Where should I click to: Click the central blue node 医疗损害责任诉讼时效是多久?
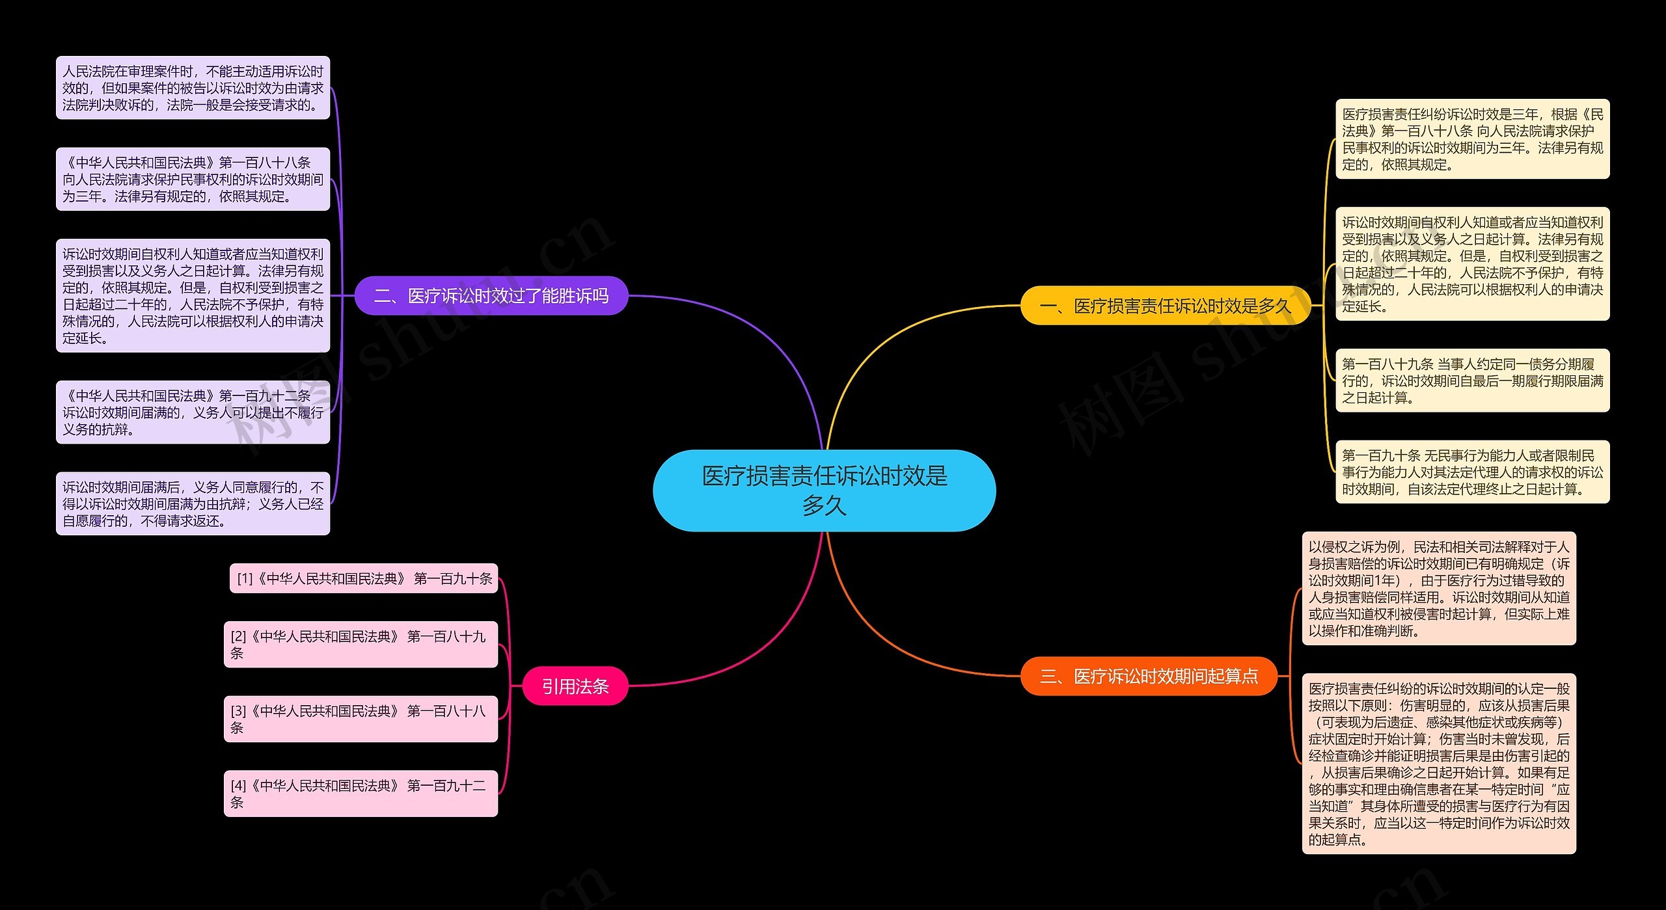coord(824,490)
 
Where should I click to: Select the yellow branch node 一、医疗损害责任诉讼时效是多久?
coord(1165,306)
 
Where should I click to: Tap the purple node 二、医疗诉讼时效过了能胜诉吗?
coord(491,296)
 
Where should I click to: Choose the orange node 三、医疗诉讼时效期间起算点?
coord(1149,676)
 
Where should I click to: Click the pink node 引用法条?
coord(575,686)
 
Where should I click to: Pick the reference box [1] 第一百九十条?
coord(364,578)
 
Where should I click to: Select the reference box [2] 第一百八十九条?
coord(361,645)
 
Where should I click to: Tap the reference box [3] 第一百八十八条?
coord(361,719)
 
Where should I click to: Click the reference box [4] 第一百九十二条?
coord(361,794)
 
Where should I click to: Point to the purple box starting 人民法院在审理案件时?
coord(193,88)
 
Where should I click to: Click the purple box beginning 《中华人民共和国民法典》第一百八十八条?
coord(193,179)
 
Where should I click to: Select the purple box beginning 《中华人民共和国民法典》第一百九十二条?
coord(193,412)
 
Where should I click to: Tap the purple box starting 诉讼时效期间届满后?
coord(193,503)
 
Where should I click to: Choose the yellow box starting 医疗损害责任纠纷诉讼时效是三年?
coord(1472,139)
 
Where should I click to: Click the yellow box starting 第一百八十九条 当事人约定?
coord(1472,381)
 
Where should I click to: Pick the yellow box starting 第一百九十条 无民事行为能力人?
coord(1472,472)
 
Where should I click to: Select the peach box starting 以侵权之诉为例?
coord(1439,589)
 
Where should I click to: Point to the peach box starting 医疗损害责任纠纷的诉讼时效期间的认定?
coord(1439,764)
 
